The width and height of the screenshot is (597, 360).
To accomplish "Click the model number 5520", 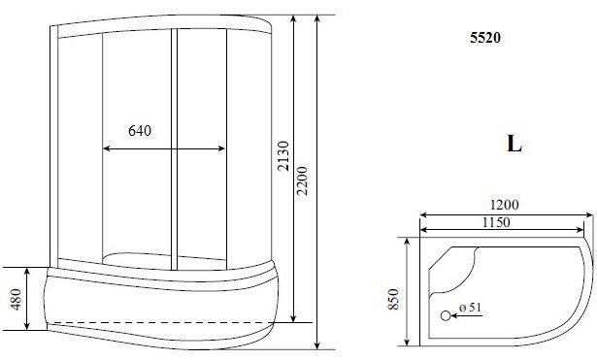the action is point(485,38).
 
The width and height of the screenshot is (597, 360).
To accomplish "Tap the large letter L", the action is point(514,144).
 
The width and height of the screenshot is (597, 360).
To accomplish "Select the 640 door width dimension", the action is point(140,131).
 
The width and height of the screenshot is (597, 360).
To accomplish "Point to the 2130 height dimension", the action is point(283,156).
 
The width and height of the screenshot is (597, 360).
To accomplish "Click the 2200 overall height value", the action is point(302,180).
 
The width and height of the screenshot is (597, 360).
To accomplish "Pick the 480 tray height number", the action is point(16,300).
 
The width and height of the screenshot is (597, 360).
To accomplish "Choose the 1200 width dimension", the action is point(504,205).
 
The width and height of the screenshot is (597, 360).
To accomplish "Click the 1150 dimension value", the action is point(496,222).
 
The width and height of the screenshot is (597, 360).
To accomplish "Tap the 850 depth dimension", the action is point(394,299).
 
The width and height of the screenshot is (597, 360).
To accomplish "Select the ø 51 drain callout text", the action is point(470,307).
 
